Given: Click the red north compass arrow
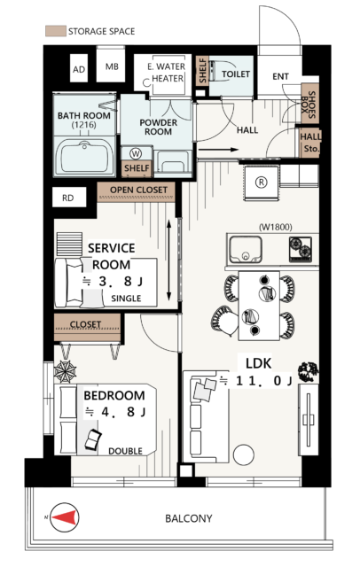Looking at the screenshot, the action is point(65,517).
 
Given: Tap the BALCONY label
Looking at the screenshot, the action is point(189,518).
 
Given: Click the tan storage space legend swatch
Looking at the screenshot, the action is point(55,31).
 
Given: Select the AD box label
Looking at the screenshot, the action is point(79,69).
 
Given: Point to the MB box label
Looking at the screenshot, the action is point(112,66).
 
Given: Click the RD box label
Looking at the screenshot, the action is point(68,198).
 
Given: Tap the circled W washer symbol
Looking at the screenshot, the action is point(136,153).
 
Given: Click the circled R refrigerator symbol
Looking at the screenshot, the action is point(262,183).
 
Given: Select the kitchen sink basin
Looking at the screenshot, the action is point(246,250).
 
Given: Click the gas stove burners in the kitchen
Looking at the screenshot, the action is point(300,248).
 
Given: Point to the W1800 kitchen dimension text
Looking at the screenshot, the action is point(276,227).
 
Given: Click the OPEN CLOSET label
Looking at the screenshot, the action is point(138,190).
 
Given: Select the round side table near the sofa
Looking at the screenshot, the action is point(244,454).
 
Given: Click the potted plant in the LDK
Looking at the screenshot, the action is point(308,371).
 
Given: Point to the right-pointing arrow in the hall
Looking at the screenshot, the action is point(218,150).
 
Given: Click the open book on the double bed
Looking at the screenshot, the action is point(93,439).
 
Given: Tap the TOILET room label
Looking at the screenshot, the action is point(236,74).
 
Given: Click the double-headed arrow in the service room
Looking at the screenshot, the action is point(169,260).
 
